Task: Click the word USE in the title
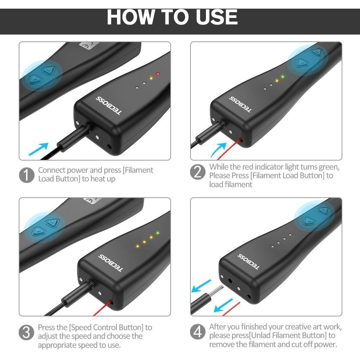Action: click(217, 17)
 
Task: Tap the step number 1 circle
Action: click(27, 175)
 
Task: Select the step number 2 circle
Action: click(198, 172)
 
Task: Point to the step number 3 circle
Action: click(26, 332)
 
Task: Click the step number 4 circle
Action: click(198, 332)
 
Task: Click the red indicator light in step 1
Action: click(158, 74)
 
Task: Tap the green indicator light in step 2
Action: click(283, 77)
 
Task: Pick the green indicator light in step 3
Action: click(158, 233)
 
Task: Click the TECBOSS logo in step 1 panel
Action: click(109, 105)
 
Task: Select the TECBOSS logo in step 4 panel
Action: click(248, 261)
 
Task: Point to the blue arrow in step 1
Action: click(39, 149)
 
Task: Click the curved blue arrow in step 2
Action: click(218, 150)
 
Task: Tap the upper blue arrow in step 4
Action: click(201, 285)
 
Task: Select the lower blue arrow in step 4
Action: click(224, 305)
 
